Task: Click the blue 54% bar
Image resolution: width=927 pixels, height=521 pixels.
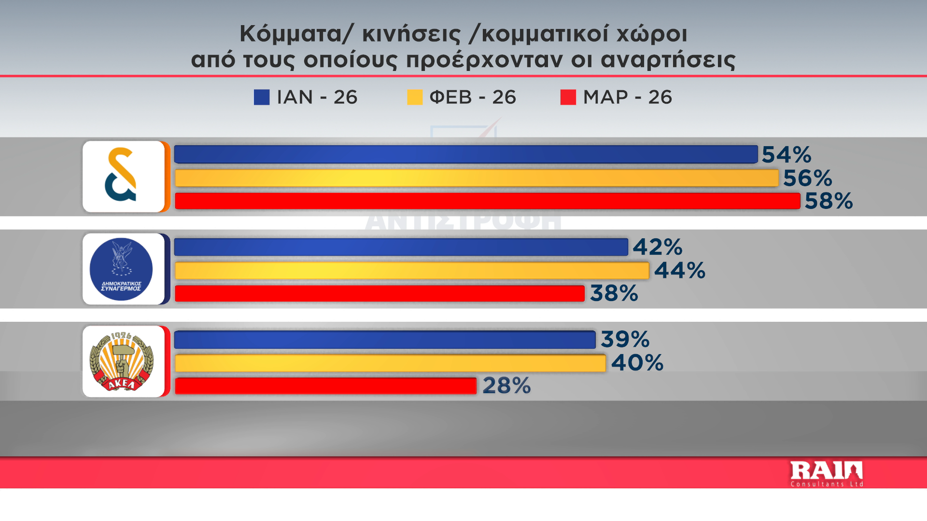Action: [x=466, y=154]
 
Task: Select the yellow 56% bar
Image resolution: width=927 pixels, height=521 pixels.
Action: [x=477, y=178]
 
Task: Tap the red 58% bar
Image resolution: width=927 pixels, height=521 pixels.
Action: [x=487, y=201]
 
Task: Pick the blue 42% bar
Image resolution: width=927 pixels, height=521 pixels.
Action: [x=401, y=247]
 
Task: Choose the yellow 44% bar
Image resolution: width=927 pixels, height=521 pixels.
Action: [x=412, y=271]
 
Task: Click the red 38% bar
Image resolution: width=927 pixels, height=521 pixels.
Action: [x=379, y=293]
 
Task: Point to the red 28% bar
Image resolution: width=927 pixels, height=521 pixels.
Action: [x=325, y=386]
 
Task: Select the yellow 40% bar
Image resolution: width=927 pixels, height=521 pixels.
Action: [x=390, y=363]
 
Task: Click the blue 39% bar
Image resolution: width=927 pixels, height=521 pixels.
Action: [x=385, y=340]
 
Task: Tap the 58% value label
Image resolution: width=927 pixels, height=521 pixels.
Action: [x=829, y=201]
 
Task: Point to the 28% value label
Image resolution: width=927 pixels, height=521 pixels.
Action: [x=506, y=386]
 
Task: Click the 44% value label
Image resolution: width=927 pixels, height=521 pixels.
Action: [x=680, y=271]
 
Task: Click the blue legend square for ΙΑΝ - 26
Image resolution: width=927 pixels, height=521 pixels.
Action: [x=262, y=97]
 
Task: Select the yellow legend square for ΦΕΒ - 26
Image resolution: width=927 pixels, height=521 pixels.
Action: [x=415, y=97]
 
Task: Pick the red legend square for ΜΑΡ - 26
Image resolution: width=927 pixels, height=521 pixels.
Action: [x=568, y=97]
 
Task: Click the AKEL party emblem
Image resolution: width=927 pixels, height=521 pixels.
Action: [x=122, y=362]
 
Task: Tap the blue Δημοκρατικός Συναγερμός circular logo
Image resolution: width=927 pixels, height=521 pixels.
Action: [x=121, y=269]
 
